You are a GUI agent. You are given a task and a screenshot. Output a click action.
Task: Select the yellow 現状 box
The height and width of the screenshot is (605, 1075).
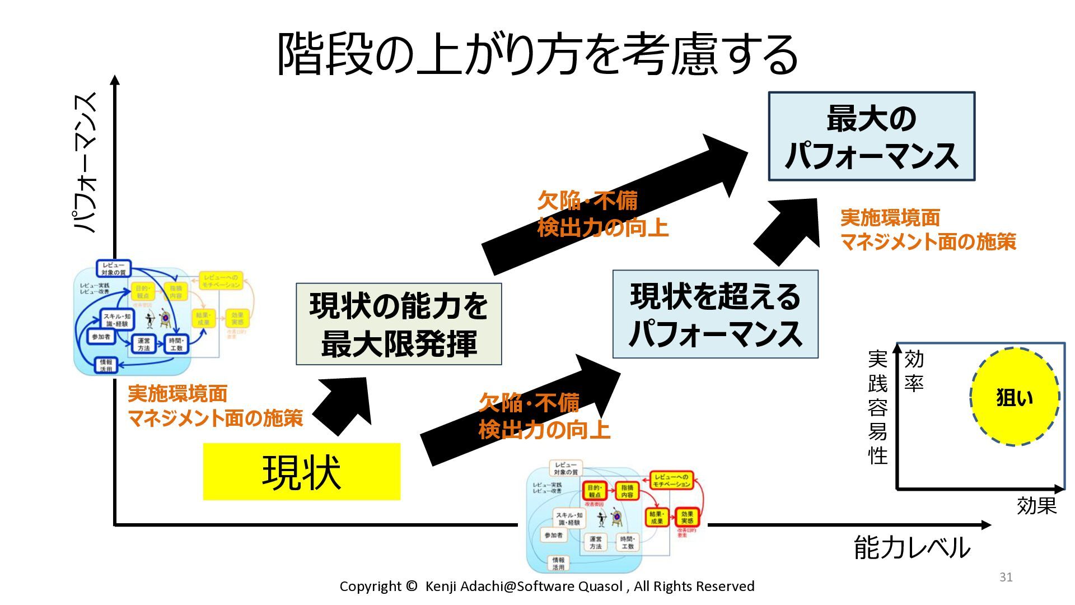tap(301, 472)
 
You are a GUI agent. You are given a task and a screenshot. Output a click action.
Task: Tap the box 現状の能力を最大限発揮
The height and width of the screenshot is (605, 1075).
tap(399, 324)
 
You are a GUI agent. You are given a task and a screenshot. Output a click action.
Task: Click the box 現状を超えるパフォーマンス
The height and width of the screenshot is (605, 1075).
tap(715, 314)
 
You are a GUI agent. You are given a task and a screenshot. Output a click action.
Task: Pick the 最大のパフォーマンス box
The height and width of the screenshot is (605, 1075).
tap(871, 136)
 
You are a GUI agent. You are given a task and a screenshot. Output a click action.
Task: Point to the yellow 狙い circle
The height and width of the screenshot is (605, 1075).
tap(1014, 397)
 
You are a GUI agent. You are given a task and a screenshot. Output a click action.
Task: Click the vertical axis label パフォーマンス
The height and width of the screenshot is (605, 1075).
tap(86, 162)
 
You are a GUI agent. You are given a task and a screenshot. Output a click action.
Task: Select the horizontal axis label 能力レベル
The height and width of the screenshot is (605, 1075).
tap(912, 547)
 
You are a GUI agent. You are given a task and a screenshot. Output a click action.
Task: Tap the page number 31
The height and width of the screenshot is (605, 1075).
tap(1006, 577)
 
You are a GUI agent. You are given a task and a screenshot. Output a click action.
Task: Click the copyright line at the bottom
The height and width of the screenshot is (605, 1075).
tap(546, 586)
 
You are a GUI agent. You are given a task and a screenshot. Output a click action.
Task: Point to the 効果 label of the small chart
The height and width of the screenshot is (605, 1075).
tap(1036, 505)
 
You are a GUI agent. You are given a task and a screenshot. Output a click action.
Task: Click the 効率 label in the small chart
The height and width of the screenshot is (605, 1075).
tap(914, 371)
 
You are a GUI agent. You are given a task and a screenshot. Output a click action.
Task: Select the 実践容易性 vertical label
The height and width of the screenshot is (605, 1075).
tap(877, 407)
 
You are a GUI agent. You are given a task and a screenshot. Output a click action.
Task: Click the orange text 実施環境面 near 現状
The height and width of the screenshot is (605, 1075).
tap(177, 393)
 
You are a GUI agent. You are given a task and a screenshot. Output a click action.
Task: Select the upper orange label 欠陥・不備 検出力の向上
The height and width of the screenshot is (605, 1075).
tap(602, 214)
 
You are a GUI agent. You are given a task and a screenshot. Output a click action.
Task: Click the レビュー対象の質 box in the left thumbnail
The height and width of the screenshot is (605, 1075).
tap(114, 268)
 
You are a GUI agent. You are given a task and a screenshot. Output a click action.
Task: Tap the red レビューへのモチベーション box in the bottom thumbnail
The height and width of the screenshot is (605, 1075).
tap(671, 480)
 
